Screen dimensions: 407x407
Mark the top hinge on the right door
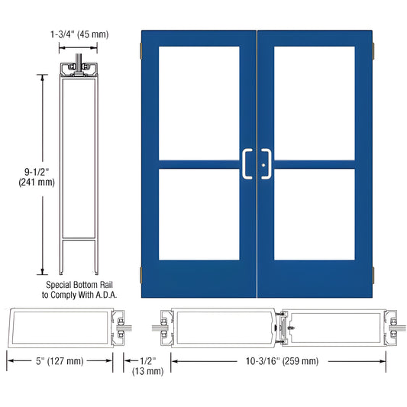tap(374, 51)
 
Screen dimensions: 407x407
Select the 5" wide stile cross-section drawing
tap(63, 325)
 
